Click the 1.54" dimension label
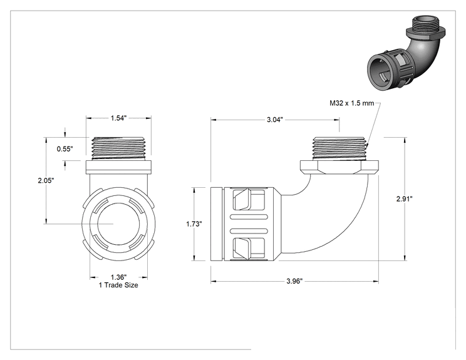point(119,118)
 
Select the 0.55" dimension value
point(65,149)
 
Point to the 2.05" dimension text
point(46,180)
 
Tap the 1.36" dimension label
point(119,277)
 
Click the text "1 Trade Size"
point(118,285)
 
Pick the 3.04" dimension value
point(275,120)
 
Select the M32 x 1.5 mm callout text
point(351,103)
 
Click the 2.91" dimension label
point(404,198)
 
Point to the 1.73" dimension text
point(194,224)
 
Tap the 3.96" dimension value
point(294,281)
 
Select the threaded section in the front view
point(118,148)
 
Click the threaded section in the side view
point(339,148)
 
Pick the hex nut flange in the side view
point(339,167)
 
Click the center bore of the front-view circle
point(119,224)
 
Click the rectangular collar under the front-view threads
point(118,167)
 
